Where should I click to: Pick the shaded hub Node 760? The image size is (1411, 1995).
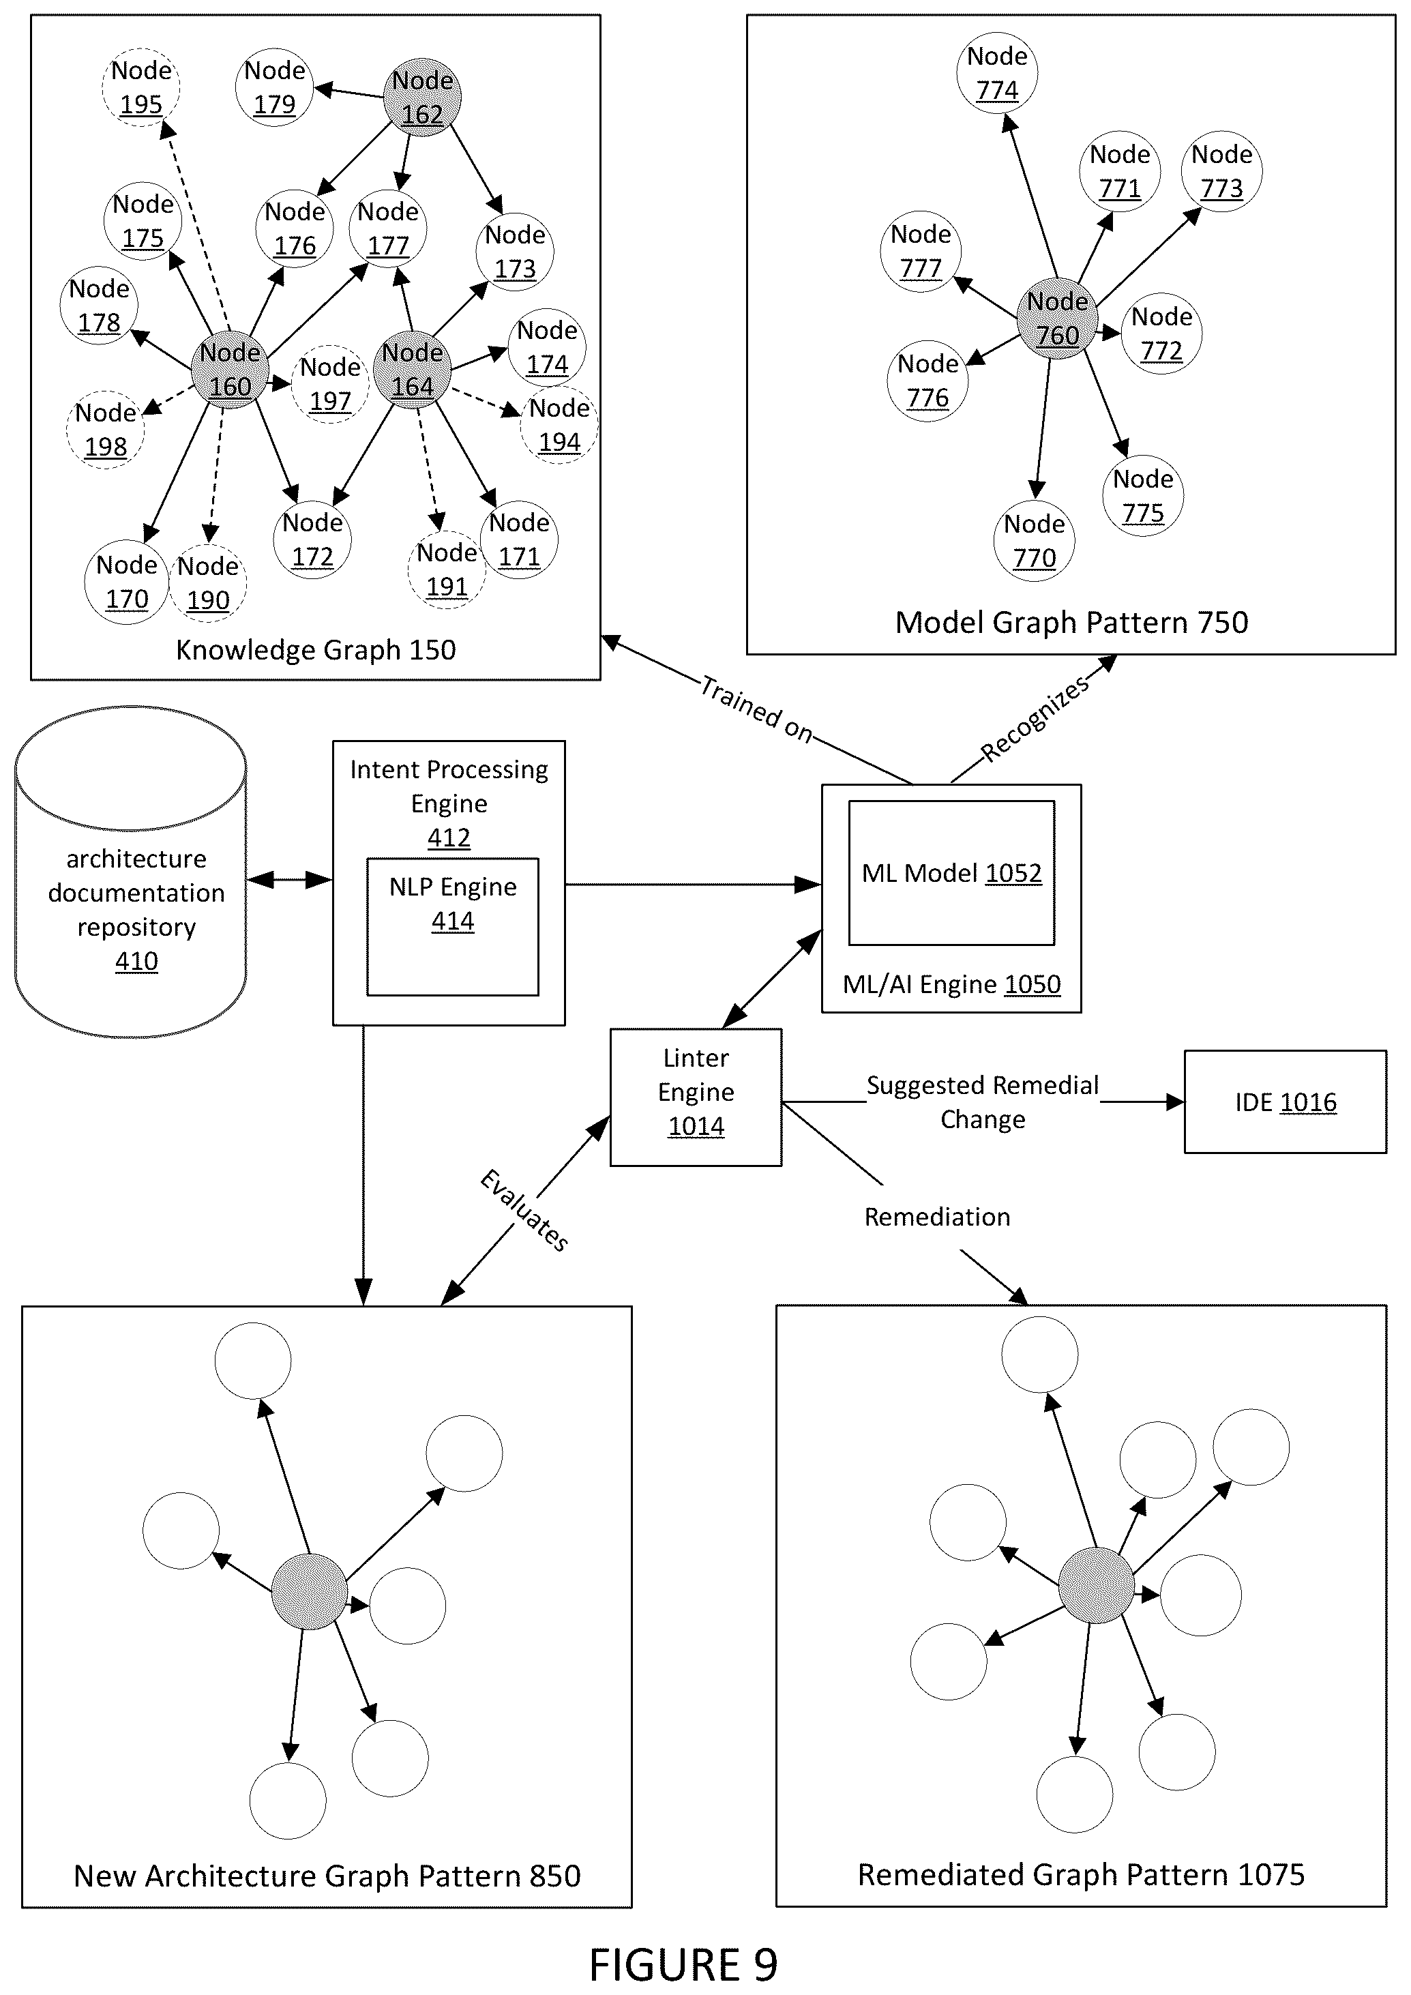tap(1056, 318)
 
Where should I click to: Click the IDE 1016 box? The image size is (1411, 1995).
tap(1285, 1102)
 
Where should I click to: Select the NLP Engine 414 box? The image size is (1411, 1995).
tap(453, 926)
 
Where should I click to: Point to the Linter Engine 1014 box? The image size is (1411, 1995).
tap(696, 1097)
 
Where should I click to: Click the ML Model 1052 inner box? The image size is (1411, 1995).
tap(951, 872)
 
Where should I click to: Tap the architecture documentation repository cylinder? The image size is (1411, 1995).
tap(130, 872)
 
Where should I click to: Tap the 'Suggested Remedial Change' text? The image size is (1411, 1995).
tap(983, 1102)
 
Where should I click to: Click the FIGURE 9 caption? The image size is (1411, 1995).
tap(683, 1964)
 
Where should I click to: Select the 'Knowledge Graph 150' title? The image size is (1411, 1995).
tap(315, 650)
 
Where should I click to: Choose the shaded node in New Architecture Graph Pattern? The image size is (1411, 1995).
tap(310, 1592)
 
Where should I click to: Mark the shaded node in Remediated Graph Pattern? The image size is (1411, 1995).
tap(1097, 1586)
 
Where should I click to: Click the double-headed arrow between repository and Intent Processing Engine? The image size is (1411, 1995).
tap(289, 881)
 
